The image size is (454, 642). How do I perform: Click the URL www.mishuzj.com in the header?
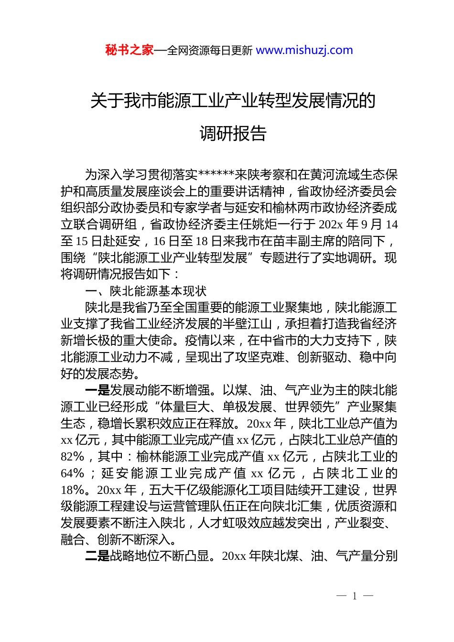coord(304,50)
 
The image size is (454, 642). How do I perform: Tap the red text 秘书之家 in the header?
coord(130,50)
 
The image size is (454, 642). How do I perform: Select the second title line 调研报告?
coord(233,133)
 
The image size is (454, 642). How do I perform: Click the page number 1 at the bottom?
coord(355,596)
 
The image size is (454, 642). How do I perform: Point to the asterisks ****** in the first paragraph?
coord(216,175)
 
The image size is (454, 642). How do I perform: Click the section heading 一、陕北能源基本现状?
coord(146,291)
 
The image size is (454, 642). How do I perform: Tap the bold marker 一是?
coord(97,390)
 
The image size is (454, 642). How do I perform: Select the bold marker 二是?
coord(97,556)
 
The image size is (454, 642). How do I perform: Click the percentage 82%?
coord(73,457)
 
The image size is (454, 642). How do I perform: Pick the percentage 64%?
coord(73,473)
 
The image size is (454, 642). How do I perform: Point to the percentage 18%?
coord(73,490)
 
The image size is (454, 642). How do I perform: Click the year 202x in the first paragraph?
coord(331,225)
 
